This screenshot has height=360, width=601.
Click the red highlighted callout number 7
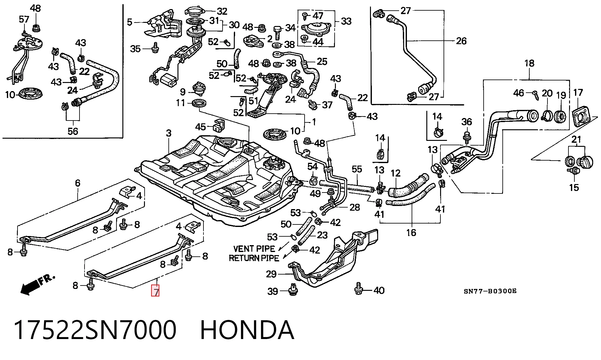point(155,291)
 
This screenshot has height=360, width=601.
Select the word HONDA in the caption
point(247,330)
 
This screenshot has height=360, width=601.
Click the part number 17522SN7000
point(95,330)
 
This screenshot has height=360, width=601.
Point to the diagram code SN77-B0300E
point(490,291)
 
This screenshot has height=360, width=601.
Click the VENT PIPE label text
point(254,249)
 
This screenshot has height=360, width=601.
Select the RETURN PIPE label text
point(254,258)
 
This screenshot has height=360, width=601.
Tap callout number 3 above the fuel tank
point(169,133)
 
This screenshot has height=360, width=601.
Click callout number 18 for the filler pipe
point(529,63)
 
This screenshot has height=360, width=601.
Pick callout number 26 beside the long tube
point(461,41)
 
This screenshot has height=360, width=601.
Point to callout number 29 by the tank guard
point(271,274)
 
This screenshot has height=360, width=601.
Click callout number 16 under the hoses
point(411,233)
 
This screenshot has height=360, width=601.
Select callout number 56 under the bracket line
point(73,131)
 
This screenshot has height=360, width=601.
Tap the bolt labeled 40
point(358,288)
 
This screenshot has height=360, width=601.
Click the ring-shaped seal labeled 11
point(199,103)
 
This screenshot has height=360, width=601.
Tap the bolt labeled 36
point(467,137)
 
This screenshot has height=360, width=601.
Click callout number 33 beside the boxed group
point(346,21)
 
